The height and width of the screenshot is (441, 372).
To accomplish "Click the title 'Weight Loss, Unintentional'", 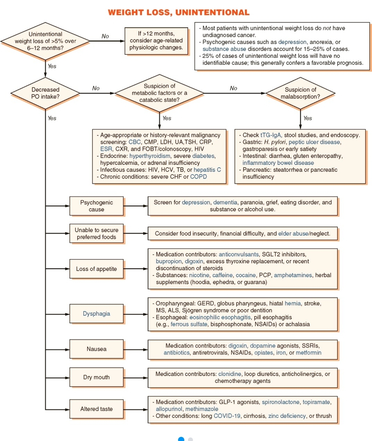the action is (x=179, y=12).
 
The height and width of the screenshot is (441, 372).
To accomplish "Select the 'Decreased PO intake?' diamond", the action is (x=45, y=93).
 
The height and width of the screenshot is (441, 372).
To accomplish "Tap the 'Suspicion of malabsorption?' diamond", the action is (x=300, y=93).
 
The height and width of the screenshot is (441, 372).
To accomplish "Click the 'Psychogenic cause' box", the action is (x=96, y=206).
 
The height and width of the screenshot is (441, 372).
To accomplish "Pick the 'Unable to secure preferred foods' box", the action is (x=96, y=233).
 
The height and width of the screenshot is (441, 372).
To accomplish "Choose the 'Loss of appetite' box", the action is (x=96, y=269).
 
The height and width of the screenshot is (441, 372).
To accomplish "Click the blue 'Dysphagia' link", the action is (x=96, y=314).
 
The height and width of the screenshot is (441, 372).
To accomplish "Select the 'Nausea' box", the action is (x=96, y=349).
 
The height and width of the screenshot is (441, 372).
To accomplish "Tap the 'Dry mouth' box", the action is (x=96, y=377).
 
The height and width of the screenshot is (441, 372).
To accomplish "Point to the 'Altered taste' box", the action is (x=96, y=409).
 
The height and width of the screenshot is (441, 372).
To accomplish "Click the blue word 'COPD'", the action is (x=198, y=177).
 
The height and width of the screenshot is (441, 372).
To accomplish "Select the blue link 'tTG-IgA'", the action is (x=271, y=135).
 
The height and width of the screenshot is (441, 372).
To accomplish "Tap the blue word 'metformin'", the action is (x=309, y=353).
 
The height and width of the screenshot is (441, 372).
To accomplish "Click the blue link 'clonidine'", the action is (x=229, y=374).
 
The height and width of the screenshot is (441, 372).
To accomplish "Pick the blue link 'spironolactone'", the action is (x=281, y=402).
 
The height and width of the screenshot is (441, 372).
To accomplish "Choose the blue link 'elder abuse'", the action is (x=293, y=233).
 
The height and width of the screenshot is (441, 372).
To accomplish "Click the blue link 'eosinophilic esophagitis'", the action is (x=220, y=317).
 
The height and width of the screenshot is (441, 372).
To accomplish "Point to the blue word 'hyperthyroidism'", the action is (x=149, y=156).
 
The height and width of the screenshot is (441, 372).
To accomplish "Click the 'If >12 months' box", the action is (x=156, y=41).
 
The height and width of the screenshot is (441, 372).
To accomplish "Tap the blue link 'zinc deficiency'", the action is (x=287, y=416).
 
